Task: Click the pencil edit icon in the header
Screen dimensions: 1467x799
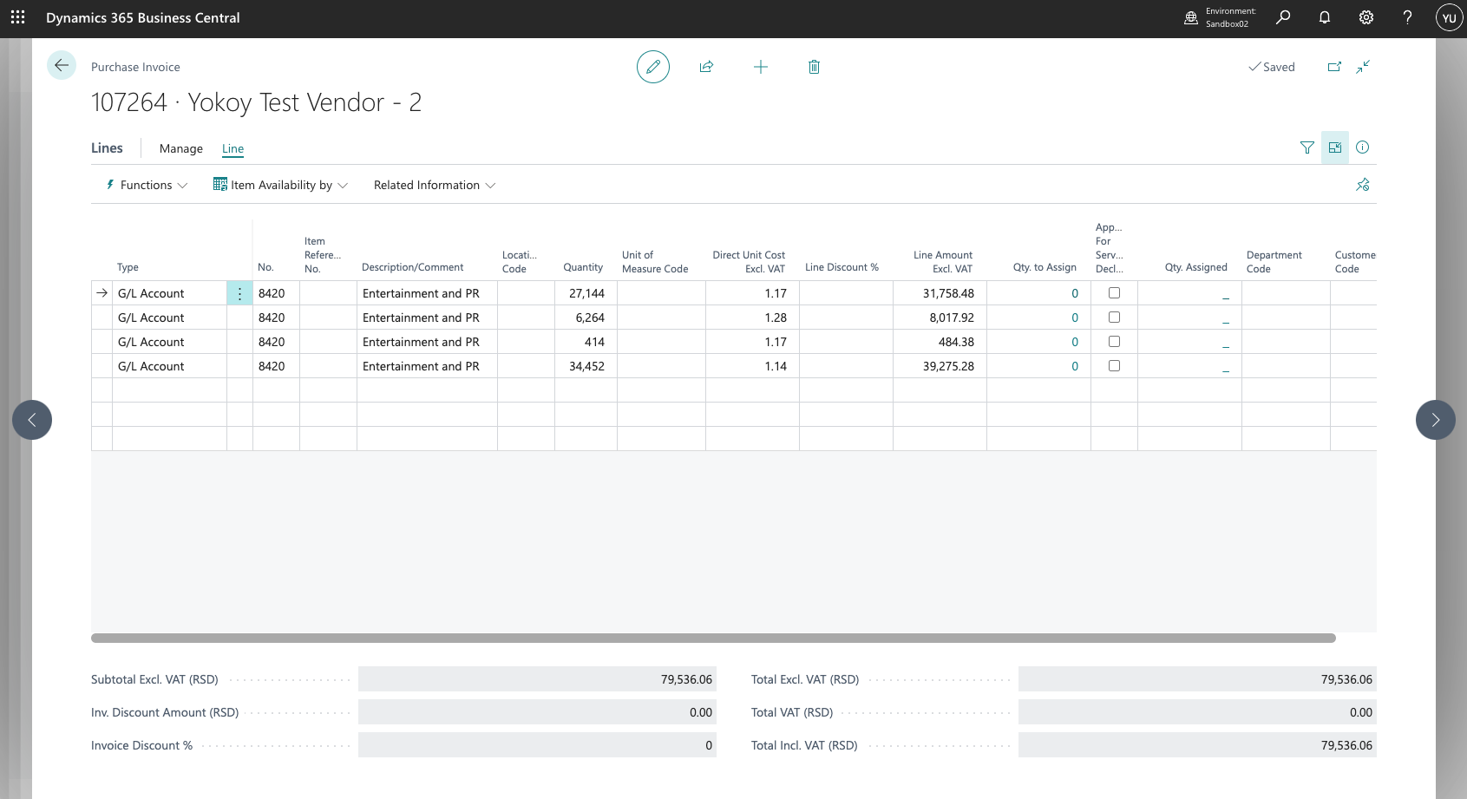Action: pos(653,67)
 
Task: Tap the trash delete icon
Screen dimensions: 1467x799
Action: pos(814,67)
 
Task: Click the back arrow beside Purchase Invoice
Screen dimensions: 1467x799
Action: pos(62,65)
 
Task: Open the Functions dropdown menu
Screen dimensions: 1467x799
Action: pos(147,186)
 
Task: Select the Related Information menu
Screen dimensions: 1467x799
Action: pos(435,186)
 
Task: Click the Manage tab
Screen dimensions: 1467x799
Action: pos(180,148)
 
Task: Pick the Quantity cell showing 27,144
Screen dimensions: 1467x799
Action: pos(586,293)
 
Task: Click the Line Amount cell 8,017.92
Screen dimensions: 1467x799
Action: pos(940,318)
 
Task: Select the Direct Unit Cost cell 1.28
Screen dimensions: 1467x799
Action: pos(752,318)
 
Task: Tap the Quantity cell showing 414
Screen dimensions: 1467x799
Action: pos(586,342)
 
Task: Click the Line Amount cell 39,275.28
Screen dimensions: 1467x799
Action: pos(940,366)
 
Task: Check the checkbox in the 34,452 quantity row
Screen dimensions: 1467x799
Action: pos(1114,365)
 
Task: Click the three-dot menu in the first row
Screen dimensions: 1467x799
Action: pos(239,293)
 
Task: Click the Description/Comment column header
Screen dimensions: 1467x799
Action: pos(413,267)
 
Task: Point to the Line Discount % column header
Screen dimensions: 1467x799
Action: pos(842,267)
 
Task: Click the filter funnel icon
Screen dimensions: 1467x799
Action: pos(1307,148)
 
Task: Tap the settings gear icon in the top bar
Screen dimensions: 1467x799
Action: pos(1365,17)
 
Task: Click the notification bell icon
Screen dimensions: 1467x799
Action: pos(1324,17)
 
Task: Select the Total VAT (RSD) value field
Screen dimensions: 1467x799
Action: pos(1197,712)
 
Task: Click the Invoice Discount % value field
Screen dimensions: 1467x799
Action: pos(537,745)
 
